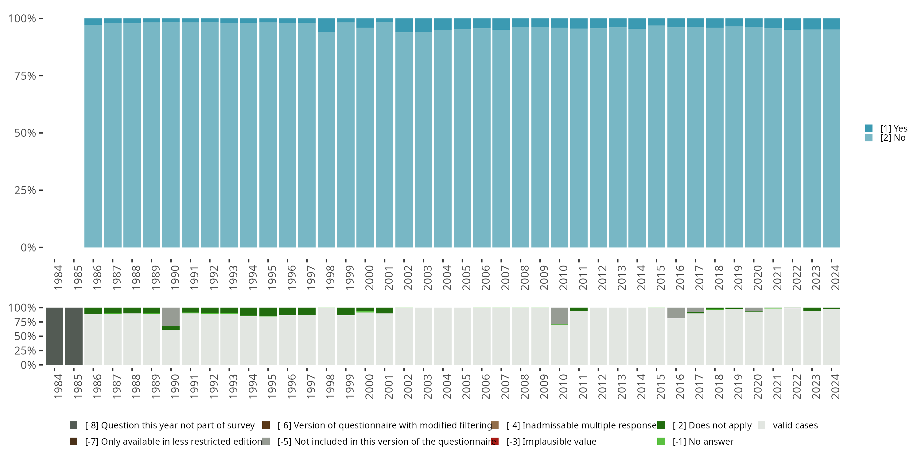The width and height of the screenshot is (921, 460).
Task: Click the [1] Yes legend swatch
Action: (869, 128)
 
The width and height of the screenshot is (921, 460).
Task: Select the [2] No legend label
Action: (893, 138)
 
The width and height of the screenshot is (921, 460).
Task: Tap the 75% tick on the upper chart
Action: (25, 76)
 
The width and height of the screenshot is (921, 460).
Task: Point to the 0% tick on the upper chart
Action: (28, 247)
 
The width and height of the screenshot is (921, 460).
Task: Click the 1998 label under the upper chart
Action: (330, 278)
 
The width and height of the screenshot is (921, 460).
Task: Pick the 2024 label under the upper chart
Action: (835, 278)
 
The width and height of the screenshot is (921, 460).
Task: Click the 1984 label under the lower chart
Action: (58, 386)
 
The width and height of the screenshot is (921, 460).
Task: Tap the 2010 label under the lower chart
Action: (563, 386)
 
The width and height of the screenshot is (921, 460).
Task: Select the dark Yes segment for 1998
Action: (326, 25)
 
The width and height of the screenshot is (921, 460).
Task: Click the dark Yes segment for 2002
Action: (404, 25)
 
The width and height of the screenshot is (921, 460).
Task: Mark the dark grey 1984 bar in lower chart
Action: (54, 336)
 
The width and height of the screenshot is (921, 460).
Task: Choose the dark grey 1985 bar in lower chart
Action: (74, 336)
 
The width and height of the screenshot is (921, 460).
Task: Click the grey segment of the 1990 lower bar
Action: (171, 317)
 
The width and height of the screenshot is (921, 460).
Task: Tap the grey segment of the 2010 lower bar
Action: (559, 316)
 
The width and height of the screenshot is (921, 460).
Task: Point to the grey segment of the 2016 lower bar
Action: (676, 312)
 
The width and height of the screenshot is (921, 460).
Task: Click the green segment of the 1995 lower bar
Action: (268, 312)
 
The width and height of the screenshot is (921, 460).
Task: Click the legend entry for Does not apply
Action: (712, 425)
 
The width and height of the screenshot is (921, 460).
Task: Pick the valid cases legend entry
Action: (795, 425)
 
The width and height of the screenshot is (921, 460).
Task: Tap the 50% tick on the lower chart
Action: (25, 336)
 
